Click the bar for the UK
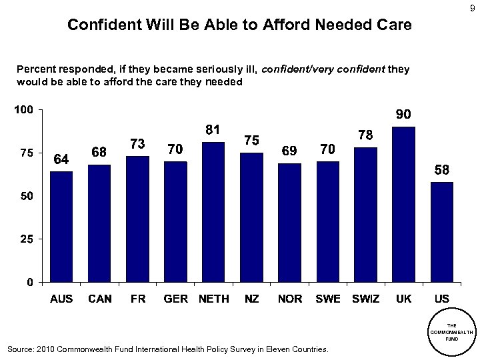pyautogui.click(x=404, y=203)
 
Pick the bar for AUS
pyautogui.click(x=61, y=226)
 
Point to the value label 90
pyautogui.click(x=403, y=115)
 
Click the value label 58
pyautogui.click(x=441, y=170)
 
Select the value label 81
pyautogui.click(x=213, y=130)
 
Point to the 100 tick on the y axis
pyautogui.click(x=23, y=109)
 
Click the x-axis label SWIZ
pyautogui.click(x=365, y=299)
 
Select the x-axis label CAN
pyautogui.click(x=100, y=299)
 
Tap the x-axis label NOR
pyautogui.click(x=290, y=299)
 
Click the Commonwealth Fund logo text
pyautogui.click(x=452, y=331)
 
